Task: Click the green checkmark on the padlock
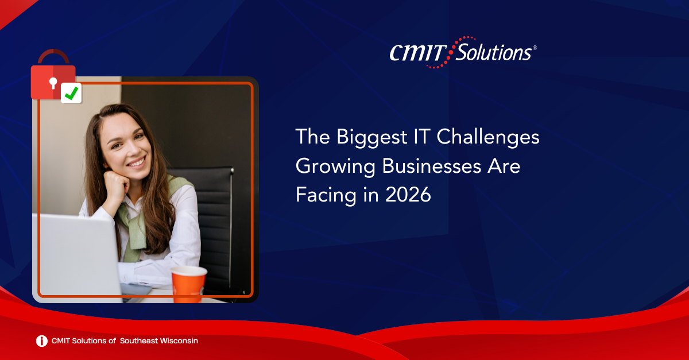tap(71, 93)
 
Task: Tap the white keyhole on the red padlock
tap(53, 83)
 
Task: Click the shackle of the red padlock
tap(53, 56)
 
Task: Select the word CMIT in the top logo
tap(418, 53)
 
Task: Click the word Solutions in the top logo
tap(494, 52)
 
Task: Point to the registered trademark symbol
tap(535, 48)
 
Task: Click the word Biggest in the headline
tap(371, 137)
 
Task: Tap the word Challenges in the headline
tap(488, 137)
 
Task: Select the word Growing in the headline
tap(335, 167)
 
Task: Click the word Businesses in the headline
tap(432, 166)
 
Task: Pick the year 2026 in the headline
tap(408, 195)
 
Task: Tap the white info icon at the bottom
tap(42, 341)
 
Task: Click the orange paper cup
tap(188, 284)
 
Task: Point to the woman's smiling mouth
tap(137, 162)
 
